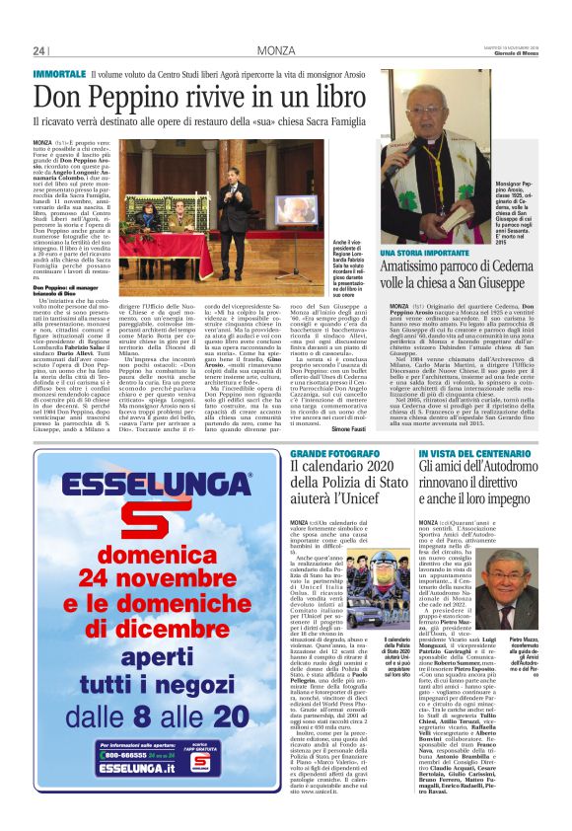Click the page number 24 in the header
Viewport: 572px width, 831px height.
tap(39, 50)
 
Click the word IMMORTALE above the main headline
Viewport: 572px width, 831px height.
tap(58, 74)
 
